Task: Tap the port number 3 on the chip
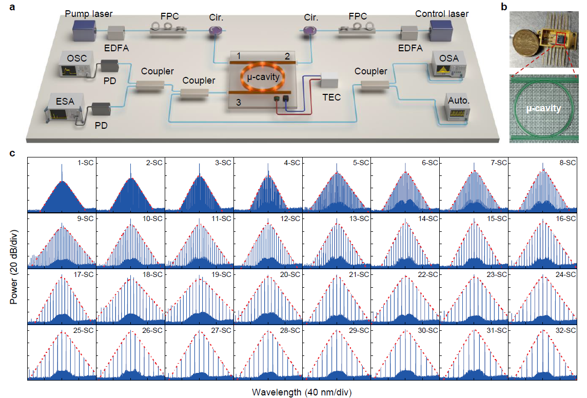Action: [x=237, y=102]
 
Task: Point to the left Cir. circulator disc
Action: [x=214, y=32]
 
